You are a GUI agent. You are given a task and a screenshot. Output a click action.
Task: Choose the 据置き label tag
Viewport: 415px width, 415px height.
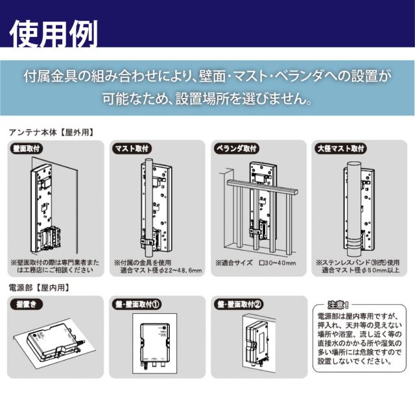(27, 303)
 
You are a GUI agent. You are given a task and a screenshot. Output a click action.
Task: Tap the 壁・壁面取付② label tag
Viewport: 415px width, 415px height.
(239, 303)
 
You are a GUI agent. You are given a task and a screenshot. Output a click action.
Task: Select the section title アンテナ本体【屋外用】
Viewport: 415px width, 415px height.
(52, 132)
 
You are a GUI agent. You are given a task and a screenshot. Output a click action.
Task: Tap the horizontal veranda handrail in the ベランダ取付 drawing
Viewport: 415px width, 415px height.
(259, 189)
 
